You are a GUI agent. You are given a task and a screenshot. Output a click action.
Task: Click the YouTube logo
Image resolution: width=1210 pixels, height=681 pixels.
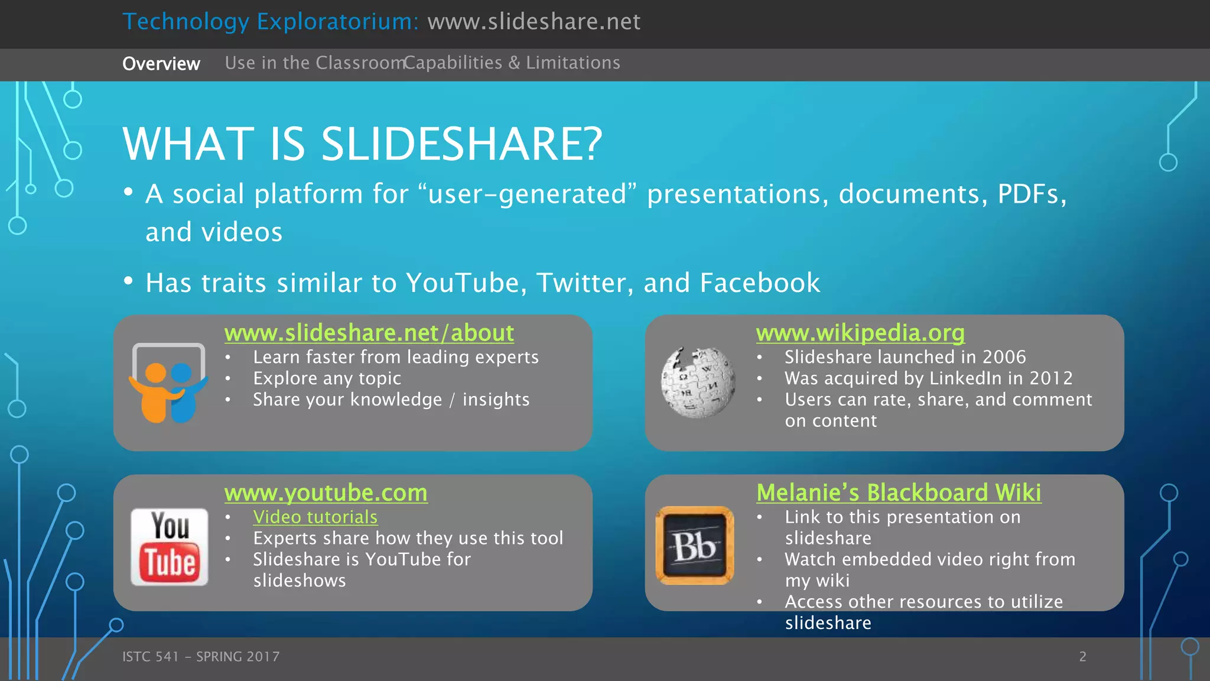click(x=170, y=547)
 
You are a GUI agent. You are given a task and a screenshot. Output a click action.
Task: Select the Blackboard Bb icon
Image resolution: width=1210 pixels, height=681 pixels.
click(x=695, y=545)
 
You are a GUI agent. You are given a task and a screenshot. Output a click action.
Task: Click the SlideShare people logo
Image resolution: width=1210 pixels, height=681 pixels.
click(x=169, y=384)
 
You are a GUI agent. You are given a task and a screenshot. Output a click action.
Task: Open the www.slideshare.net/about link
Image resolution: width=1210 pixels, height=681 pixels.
click(x=369, y=333)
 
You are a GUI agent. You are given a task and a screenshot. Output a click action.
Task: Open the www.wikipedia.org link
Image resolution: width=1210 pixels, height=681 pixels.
click(x=860, y=333)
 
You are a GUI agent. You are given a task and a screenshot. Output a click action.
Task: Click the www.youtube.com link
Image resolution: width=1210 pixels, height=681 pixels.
click(x=326, y=492)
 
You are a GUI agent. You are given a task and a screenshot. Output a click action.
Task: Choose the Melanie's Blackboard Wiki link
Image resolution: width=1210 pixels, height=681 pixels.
click(x=899, y=492)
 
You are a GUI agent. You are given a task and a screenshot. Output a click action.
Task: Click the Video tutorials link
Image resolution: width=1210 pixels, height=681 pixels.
click(x=315, y=517)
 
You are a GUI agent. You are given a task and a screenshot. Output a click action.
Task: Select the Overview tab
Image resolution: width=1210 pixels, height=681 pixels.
click(x=161, y=63)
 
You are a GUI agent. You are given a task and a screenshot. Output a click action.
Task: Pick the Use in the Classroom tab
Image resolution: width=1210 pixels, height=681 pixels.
click(x=313, y=63)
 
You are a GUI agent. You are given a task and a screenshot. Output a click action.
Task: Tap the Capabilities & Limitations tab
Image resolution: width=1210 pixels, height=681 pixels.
click(x=512, y=63)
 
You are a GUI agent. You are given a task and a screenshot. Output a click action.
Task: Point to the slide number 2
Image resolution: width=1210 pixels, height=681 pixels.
click(x=1082, y=656)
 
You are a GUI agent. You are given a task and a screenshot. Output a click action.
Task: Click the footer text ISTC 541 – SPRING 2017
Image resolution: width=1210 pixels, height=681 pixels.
click(x=201, y=656)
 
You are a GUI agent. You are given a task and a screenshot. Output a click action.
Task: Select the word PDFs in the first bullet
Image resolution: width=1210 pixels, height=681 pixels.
click(x=1032, y=194)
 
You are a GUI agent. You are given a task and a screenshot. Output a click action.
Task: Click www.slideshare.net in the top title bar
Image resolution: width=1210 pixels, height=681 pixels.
click(x=534, y=22)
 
